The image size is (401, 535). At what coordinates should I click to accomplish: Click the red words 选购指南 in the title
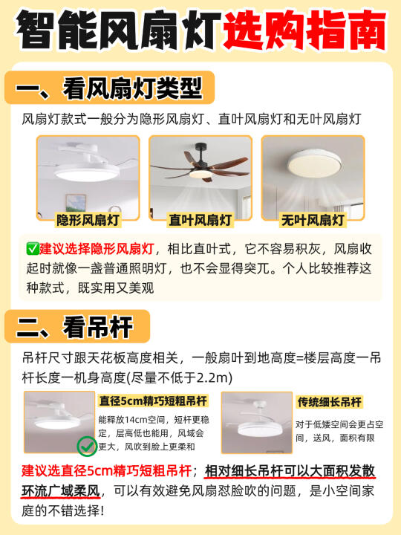click(305, 30)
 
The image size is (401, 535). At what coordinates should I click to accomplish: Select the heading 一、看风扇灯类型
click(109, 88)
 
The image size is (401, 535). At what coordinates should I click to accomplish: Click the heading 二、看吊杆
click(74, 327)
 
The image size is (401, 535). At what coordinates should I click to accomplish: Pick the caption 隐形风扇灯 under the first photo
click(88, 220)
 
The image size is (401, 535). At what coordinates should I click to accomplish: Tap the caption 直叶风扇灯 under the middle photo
click(200, 220)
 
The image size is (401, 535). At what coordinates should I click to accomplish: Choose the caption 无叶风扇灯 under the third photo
click(313, 220)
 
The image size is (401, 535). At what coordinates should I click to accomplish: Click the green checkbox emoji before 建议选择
click(33, 249)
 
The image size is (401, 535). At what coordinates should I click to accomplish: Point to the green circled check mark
click(87, 446)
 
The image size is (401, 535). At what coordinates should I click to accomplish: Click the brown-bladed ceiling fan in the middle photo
click(201, 166)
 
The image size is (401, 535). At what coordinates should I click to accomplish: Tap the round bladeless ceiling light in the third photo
click(313, 163)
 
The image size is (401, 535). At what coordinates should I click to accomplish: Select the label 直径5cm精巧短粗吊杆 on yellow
click(153, 401)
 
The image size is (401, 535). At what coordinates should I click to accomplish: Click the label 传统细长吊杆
click(329, 402)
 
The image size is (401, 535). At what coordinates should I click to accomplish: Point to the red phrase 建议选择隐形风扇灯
click(97, 249)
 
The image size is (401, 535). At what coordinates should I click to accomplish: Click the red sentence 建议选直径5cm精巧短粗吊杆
click(106, 471)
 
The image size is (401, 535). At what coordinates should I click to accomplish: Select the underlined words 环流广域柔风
click(61, 491)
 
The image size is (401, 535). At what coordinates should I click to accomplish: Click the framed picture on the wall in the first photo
click(76, 204)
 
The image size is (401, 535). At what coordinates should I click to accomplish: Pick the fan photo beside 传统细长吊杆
click(257, 423)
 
